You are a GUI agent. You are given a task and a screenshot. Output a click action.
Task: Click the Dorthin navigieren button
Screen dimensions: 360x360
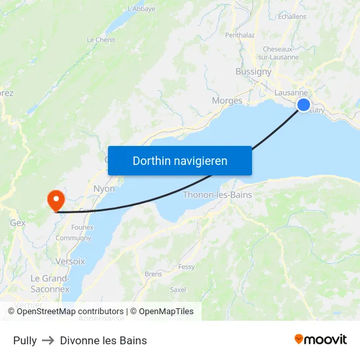(x=180, y=160)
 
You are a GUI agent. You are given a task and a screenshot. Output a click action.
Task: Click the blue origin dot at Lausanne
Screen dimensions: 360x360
(x=304, y=105)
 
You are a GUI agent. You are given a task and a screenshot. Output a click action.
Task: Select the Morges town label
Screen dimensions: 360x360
(x=227, y=101)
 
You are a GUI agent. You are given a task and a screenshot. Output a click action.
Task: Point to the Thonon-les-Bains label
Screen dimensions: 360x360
(x=217, y=195)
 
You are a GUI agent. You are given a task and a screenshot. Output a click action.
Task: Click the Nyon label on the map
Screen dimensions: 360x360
(x=104, y=189)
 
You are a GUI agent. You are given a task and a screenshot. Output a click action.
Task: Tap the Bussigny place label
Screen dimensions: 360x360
(x=253, y=72)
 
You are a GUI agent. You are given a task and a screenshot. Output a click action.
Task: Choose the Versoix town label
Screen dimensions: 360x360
(x=70, y=261)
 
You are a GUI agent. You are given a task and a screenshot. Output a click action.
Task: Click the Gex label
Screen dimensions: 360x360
(x=18, y=223)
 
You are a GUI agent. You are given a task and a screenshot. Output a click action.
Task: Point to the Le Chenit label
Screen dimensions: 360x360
(x=101, y=40)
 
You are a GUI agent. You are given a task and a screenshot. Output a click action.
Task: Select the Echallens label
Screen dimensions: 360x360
(x=292, y=16)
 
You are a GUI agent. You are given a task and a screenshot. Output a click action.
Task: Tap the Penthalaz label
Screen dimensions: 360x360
(x=240, y=35)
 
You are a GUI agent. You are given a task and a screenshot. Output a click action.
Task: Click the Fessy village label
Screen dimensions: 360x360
(x=187, y=267)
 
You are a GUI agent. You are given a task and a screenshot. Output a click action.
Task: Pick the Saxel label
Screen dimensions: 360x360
(x=178, y=289)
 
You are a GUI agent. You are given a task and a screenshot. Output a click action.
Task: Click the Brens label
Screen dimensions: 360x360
(x=153, y=274)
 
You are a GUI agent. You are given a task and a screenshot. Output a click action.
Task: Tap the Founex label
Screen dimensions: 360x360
(x=82, y=227)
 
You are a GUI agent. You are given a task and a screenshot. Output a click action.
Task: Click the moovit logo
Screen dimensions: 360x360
(x=320, y=339)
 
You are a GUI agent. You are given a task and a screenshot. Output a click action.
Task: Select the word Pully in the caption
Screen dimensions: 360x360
(x=25, y=340)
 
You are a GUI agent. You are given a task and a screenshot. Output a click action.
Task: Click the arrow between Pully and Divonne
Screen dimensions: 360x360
(x=48, y=340)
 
